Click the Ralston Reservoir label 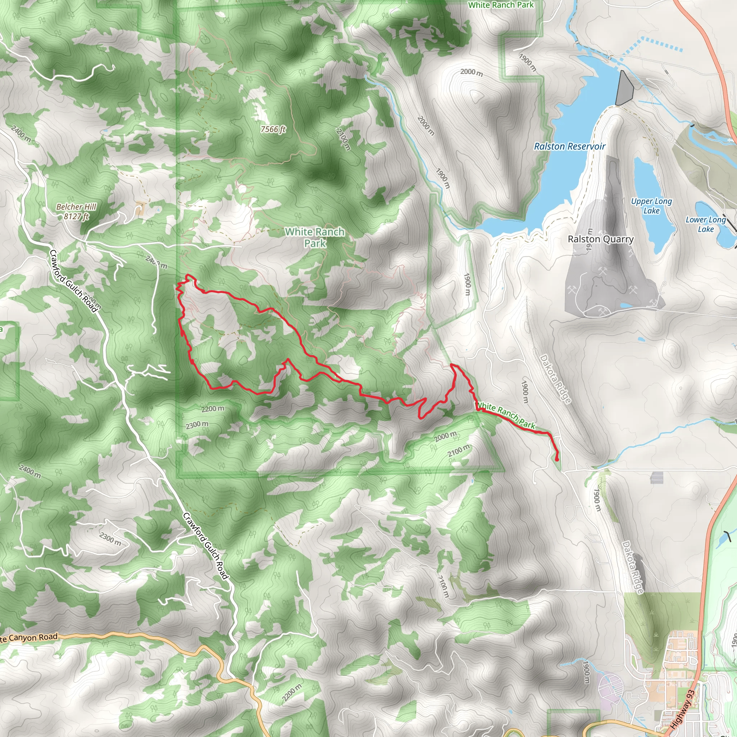[x=569, y=146]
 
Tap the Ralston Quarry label [x=601, y=239]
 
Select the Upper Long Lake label [x=651, y=205]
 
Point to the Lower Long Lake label [x=705, y=224]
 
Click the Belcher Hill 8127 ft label [x=76, y=211]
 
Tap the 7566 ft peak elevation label [x=273, y=129]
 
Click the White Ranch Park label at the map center [x=315, y=237]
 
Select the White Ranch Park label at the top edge [x=501, y=5]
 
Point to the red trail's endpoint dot [x=557, y=459]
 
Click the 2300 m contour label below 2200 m [x=197, y=425]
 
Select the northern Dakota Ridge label [x=555, y=379]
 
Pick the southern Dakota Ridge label [x=633, y=567]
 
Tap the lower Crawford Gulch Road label [x=205, y=546]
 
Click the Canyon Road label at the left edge [x=29, y=637]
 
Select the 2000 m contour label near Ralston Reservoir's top [x=471, y=72]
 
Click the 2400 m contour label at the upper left [x=21, y=134]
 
